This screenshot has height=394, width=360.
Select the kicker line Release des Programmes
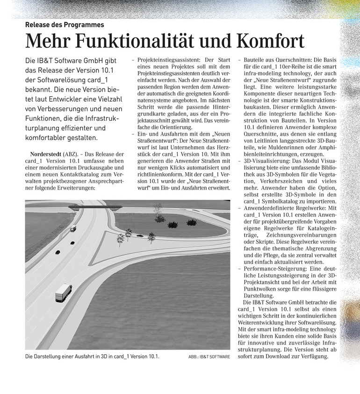(x=65, y=24)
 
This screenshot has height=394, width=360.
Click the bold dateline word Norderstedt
(x=46, y=154)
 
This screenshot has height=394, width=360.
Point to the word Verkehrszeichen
(x=295, y=181)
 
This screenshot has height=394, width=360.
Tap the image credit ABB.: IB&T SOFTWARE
(x=209, y=357)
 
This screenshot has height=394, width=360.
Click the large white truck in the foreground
(x=64, y=292)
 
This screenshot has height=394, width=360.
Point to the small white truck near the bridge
(x=73, y=229)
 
